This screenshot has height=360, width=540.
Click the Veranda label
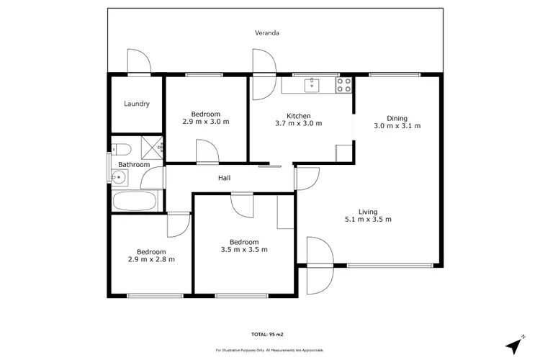click(x=266, y=33)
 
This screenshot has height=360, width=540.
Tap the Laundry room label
click(x=136, y=104)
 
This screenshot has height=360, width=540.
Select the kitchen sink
click(x=311, y=85)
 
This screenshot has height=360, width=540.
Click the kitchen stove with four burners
click(x=344, y=85)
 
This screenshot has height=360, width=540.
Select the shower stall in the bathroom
click(x=153, y=146)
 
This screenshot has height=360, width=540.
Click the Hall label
click(x=224, y=179)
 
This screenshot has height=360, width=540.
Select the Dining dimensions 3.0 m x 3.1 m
click(x=397, y=126)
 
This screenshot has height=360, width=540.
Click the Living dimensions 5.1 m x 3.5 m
click(x=368, y=220)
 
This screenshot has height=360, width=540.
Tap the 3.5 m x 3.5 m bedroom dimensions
click(x=244, y=250)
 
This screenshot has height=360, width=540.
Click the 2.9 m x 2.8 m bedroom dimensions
click(x=151, y=259)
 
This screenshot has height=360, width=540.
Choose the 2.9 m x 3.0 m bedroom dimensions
click(x=205, y=122)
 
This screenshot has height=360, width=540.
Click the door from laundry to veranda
click(x=138, y=62)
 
